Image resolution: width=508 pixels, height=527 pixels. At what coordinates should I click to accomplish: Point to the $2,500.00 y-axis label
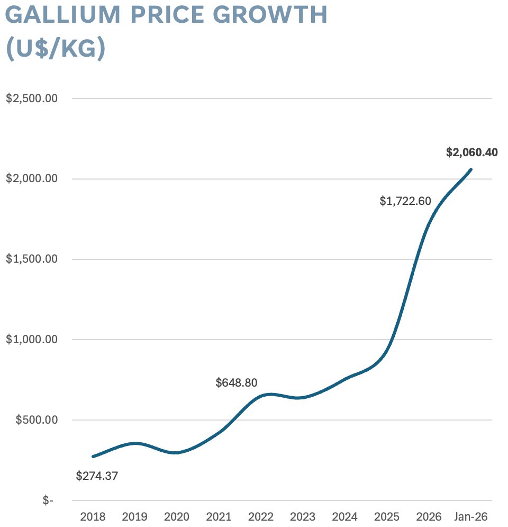point(31,99)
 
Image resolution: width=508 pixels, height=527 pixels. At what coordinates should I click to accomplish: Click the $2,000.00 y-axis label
point(31,179)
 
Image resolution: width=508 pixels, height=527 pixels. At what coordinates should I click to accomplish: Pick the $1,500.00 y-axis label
point(31,260)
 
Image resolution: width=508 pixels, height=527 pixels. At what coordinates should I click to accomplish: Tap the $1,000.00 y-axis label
point(31,340)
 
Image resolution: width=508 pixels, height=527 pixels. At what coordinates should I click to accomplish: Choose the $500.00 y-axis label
point(35,420)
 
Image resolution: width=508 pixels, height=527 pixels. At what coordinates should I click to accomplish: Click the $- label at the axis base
point(48,501)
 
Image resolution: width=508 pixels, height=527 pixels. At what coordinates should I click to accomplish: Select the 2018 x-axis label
point(93,516)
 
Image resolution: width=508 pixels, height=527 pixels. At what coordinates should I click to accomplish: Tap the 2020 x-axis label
point(176,516)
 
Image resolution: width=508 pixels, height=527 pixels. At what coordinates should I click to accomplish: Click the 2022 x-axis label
point(261,516)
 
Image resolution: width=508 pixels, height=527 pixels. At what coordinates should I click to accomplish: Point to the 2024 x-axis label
point(344,516)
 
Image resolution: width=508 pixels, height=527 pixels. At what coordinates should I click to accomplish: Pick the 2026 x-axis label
point(429,516)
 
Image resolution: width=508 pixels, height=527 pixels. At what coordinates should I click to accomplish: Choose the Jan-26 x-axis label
point(470,516)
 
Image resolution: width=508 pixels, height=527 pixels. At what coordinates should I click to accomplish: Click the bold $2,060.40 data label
point(471,153)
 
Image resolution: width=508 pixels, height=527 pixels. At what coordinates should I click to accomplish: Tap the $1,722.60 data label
point(405,201)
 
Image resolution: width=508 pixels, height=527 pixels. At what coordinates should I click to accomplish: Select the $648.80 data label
point(237,382)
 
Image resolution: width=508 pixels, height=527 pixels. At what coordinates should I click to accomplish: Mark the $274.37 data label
point(97,476)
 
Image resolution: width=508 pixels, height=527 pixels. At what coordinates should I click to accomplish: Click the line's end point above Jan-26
point(470,169)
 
